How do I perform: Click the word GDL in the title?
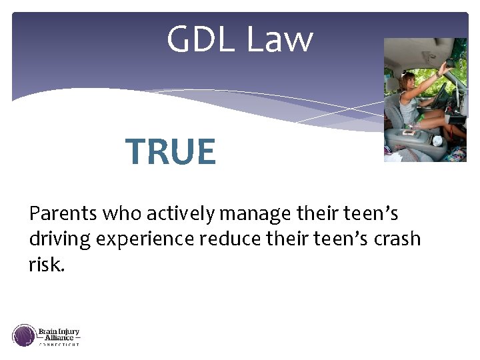pyautogui.click(x=202, y=39)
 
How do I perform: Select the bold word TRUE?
pyautogui.click(x=171, y=152)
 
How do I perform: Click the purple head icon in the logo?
pyautogui.click(x=24, y=335)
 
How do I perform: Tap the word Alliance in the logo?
pyautogui.click(x=59, y=338)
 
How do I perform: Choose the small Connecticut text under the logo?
pyautogui.click(x=59, y=345)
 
